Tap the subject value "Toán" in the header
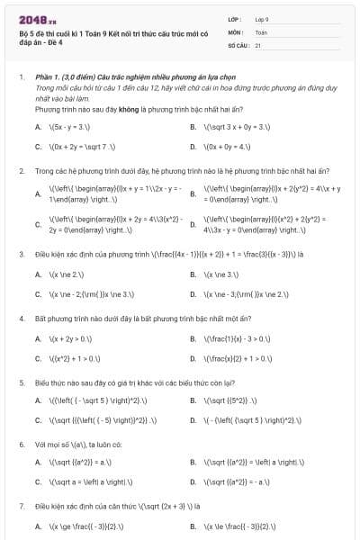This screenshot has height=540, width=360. (x=261, y=31)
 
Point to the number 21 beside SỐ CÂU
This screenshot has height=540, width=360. (x=258, y=44)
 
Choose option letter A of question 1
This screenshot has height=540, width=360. (x=38, y=127)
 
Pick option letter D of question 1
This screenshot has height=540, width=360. (x=193, y=145)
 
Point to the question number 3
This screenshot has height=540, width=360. (x=21, y=255)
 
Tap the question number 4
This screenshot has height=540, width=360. (x=21, y=319)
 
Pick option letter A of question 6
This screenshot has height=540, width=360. (x=38, y=463)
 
